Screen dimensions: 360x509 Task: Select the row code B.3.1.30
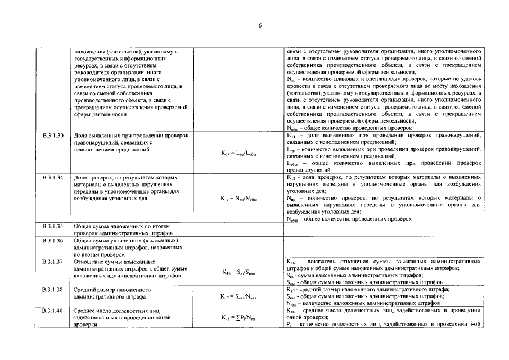click(53, 136)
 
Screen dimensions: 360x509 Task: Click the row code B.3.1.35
click(53, 226)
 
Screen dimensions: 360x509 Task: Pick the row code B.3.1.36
click(53, 240)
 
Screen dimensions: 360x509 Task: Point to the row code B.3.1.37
click(53, 262)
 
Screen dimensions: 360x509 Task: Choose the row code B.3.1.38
click(53, 289)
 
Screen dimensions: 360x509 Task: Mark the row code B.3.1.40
click(53, 310)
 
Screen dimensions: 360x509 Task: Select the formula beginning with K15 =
click(238, 198)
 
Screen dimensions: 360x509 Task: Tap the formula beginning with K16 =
click(238, 272)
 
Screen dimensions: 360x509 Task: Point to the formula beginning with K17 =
click(238, 296)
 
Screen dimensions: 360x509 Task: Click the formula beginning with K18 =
click(238, 318)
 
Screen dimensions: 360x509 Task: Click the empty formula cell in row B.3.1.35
click(238, 229)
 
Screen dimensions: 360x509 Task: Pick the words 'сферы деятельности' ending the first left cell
click(100, 114)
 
